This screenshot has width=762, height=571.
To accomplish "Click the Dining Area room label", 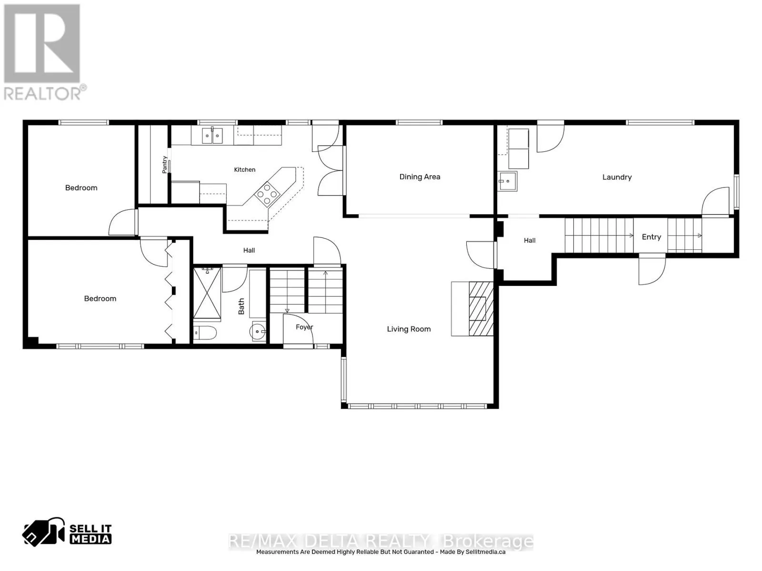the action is (420, 177).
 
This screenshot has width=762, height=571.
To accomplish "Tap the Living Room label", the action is (409, 329).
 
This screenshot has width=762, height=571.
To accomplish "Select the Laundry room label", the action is (617, 177).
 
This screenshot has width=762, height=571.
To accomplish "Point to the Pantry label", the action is (165, 165).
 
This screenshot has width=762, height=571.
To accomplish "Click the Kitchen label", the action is (244, 169).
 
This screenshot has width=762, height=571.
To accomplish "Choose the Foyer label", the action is (304, 327).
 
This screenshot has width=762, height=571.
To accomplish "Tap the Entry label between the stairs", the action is (651, 237).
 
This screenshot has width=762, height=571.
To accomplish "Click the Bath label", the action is (241, 306).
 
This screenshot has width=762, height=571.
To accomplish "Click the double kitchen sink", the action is (212, 135).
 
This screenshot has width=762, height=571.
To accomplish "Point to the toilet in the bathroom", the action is (205, 333).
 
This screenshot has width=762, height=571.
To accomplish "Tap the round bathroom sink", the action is (258, 332).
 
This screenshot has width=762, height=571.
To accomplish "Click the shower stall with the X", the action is (207, 293).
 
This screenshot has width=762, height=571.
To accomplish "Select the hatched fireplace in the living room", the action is (481, 308).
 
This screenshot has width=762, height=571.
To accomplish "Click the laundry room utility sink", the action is (507, 181).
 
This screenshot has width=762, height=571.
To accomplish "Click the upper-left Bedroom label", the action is (81, 188).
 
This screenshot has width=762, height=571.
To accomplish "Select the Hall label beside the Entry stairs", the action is (530, 240).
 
